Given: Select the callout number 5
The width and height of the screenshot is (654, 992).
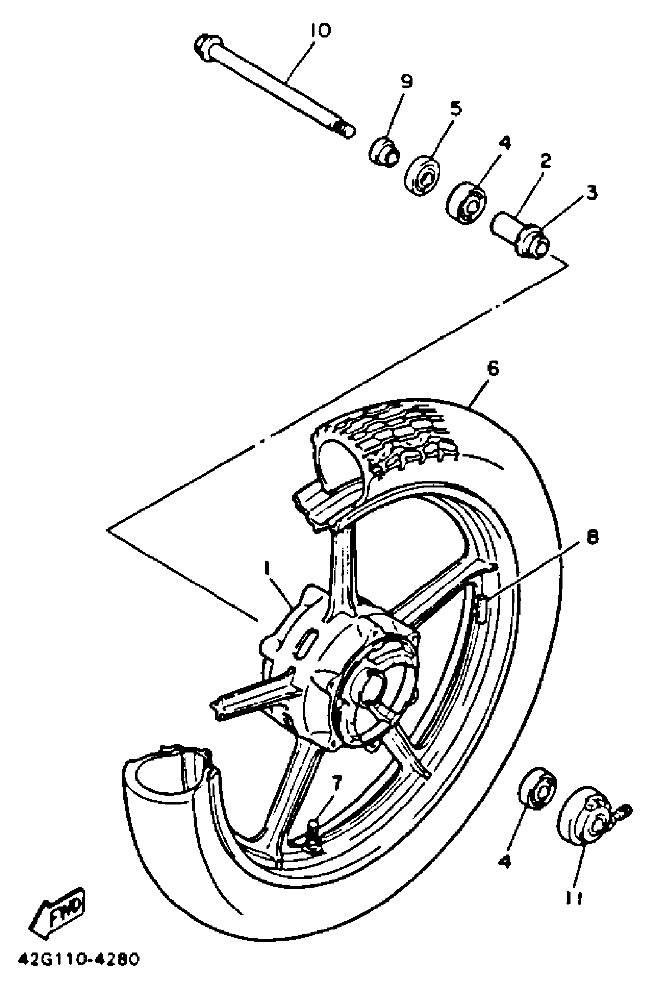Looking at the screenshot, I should pyautogui.click(x=456, y=109).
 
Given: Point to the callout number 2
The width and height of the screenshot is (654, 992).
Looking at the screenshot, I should pyautogui.click(x=545, y=160).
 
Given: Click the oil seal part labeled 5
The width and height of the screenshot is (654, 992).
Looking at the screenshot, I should pyautogui.click(x=423, y=175).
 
